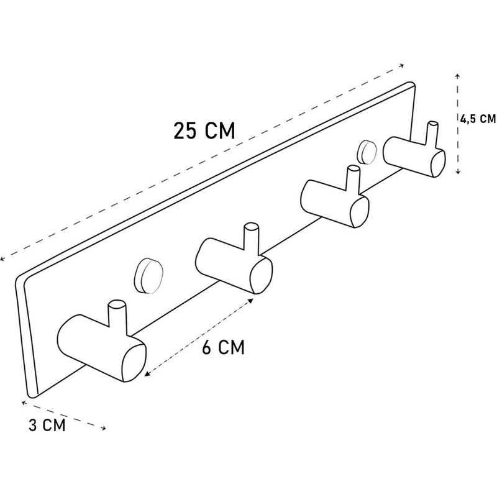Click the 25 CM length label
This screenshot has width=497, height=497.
coord(204,130)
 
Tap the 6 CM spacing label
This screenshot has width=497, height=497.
coord(224,347)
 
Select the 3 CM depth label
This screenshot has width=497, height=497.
coord(47,425)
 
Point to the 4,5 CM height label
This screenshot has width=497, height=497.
coord(478,119)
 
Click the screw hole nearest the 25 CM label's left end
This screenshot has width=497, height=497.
coord(148,276)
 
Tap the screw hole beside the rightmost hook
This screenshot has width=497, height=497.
coord(367,151)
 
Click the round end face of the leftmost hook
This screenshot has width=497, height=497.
coord(134,363)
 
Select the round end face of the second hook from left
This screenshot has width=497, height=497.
coord(261,275)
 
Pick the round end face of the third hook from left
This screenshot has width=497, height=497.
coord(360,212)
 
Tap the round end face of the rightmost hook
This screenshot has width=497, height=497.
coord(438,163)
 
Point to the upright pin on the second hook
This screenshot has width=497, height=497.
coord(252,239)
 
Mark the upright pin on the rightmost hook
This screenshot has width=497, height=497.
coord(432,134)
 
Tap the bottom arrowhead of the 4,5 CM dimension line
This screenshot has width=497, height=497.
coord(458,172)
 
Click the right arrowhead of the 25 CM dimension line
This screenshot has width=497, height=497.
coord(401,66)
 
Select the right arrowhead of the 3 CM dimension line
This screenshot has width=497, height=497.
coord(103,429)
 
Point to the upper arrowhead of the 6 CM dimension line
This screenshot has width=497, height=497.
coord(251,300)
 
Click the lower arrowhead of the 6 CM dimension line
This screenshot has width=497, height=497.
coord(147,374)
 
